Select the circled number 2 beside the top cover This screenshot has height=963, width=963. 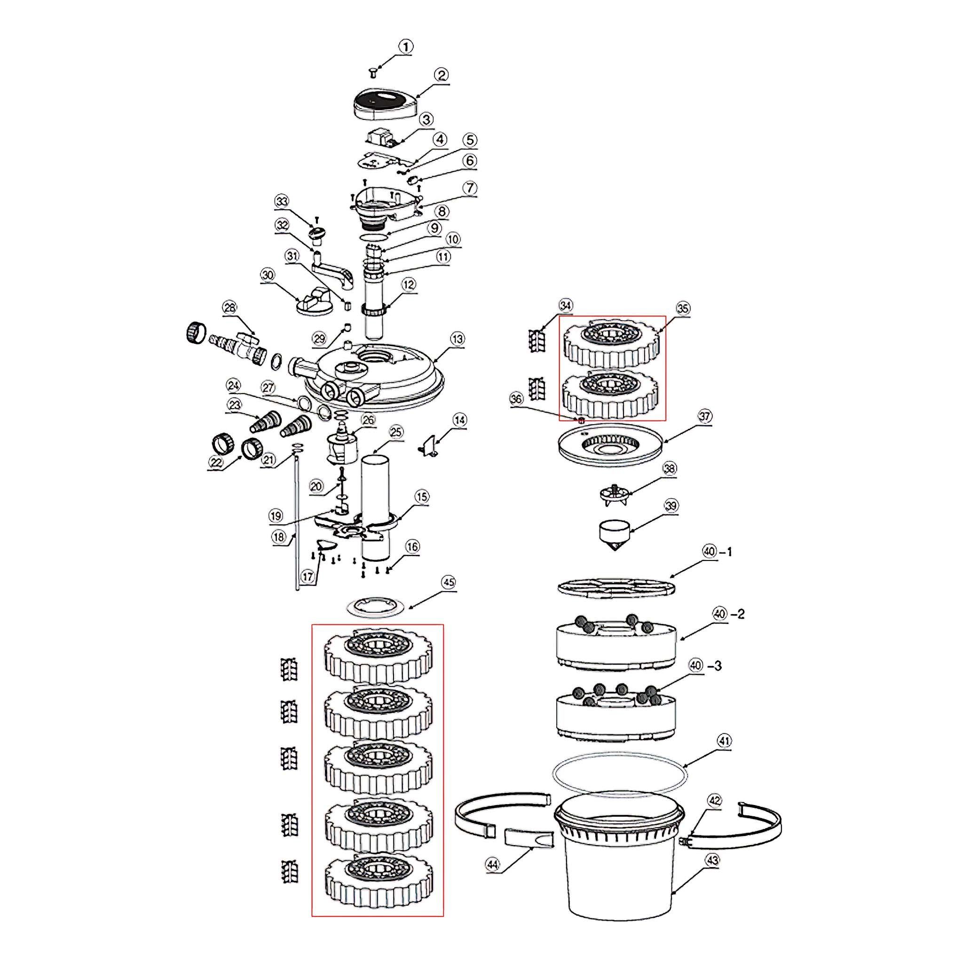[441, 75]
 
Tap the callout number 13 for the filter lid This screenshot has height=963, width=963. [458, 339]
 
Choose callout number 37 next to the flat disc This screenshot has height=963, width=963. [705, 416]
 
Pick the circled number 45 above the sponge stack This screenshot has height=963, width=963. [449, 582]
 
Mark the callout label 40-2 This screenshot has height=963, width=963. [729, 615]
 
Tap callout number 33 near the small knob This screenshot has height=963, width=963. [282, 202]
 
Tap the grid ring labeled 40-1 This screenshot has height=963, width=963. [617, 587]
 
